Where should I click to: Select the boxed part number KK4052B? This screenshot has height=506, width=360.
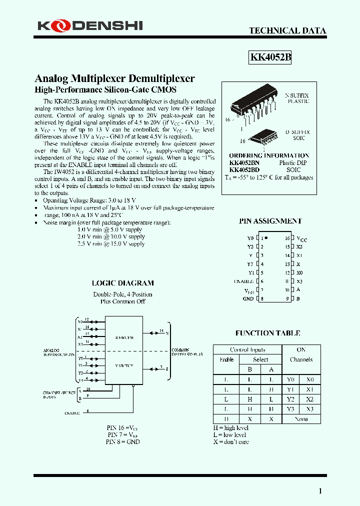tap(270, 57)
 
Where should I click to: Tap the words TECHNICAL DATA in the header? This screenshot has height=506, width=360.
tap(287, 31)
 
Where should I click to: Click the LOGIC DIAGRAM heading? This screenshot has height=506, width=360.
tap(122, 283)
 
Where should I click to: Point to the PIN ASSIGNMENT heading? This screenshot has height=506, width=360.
tap(270, 221)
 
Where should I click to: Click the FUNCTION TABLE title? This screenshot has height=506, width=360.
tap(267, 333)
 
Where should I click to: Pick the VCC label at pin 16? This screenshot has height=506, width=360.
tap(302, 239)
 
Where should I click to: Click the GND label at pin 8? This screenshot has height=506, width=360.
tap(248, 298)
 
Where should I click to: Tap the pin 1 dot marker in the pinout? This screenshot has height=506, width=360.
tap(265, 238)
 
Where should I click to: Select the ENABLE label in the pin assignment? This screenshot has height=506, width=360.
tap(244, 281)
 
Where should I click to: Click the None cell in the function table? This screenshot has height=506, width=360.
tap(301, 419)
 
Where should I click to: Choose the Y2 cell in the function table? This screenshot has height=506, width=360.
tap(291, 399)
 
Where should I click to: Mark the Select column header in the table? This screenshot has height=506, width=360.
tap(260, 359)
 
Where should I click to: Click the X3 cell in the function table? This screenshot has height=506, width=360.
tap(310, 409)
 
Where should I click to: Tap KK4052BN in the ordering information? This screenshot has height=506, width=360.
tap(244, 163)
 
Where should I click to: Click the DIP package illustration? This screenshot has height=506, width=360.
tap(255, 102)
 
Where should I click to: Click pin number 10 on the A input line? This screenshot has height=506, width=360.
tap(88, 388)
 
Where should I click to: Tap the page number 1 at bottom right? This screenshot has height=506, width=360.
tap(320, 491)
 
